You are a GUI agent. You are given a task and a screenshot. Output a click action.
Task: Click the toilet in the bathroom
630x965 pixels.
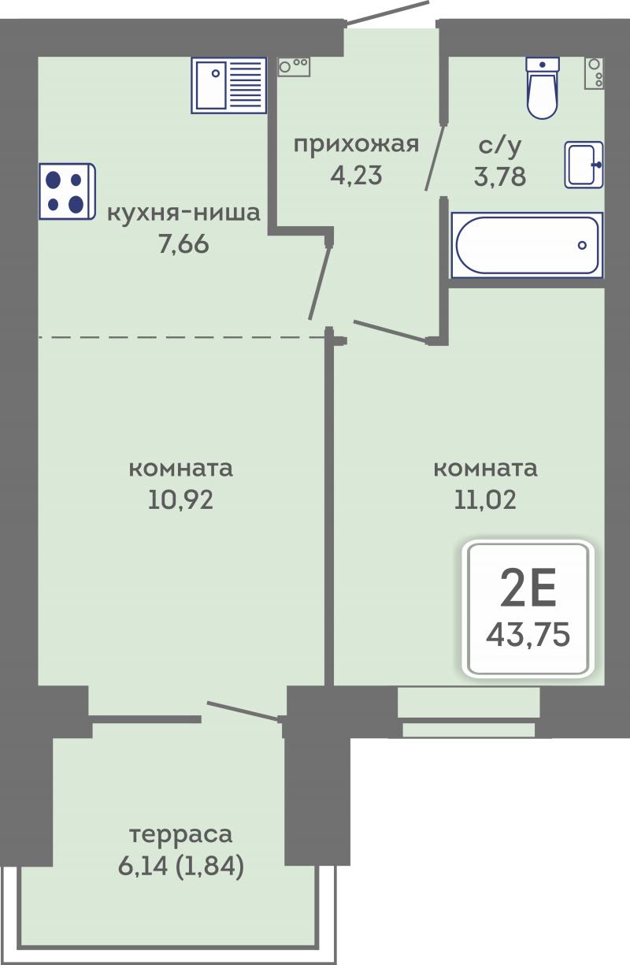(543, 87)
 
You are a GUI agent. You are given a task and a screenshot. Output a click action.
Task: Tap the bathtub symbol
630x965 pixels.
(527, 245)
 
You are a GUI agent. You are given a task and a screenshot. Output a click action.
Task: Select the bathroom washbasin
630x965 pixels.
(584, 165)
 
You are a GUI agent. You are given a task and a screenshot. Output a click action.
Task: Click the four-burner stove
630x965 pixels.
(67, 191)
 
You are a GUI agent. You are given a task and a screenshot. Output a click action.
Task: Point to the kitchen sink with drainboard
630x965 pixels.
(229, 85)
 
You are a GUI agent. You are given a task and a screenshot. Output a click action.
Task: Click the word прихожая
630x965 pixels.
(356, 144)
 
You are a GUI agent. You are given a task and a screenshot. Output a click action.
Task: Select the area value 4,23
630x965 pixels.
(356, 175)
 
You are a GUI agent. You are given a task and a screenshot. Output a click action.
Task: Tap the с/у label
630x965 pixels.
(499, 145)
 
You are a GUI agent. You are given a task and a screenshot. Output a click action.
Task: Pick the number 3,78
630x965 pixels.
(500, 176)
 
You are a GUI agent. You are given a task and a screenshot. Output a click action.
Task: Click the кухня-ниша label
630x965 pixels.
(183, 213)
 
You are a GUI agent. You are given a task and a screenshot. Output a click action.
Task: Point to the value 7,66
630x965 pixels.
(183, 244)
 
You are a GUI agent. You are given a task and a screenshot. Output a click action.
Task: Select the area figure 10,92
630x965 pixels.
(180, 499)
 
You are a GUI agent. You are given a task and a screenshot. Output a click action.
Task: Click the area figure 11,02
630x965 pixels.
(485, 499)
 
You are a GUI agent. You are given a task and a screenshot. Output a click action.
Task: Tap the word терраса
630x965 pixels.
(181, 834)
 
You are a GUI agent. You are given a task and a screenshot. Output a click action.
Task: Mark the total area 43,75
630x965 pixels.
(528, 635)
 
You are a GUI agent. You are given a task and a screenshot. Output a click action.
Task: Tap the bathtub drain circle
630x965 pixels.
(582, 246)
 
